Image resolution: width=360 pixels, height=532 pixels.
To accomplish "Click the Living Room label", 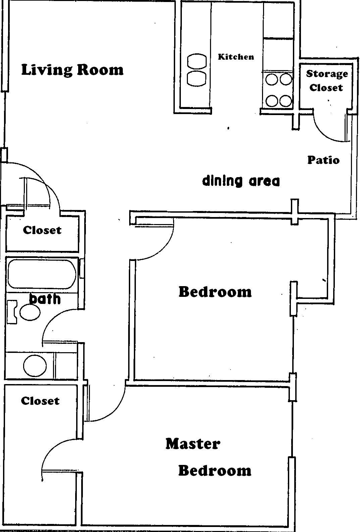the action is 72,70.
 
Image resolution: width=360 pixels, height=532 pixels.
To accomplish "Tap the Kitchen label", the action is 236,57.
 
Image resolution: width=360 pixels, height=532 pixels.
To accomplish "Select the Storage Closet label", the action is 327,81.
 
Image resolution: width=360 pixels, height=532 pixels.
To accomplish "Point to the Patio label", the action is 323,160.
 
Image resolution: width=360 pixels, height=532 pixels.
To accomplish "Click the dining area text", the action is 241,181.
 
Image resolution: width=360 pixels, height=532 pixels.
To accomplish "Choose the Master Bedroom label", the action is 208,457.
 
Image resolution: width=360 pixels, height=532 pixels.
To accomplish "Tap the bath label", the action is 45,299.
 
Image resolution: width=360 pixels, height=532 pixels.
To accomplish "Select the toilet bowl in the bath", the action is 30,312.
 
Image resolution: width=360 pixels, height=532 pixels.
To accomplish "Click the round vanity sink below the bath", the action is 35,366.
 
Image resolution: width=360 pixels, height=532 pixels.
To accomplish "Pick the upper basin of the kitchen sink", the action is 197,61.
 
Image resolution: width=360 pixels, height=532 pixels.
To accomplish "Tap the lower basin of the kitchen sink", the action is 197,78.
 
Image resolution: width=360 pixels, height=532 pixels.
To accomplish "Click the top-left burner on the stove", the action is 272,79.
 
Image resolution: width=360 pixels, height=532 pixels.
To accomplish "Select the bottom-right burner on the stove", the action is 286,101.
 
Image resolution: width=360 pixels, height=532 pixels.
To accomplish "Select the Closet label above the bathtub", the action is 42,230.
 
